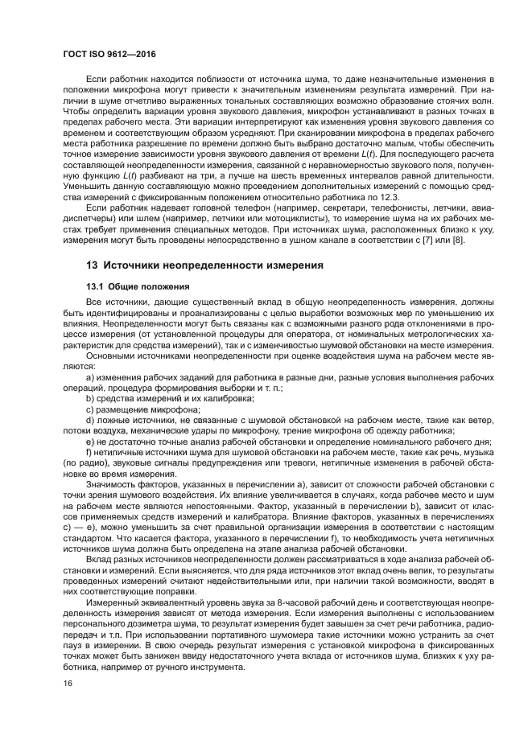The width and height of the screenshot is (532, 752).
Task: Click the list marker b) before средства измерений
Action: click(90, 398)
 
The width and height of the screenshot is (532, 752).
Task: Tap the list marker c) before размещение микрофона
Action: click(90, 409)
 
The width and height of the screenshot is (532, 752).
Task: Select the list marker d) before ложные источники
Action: click(90, 420)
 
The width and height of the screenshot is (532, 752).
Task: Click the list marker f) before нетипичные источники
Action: click(89, 452)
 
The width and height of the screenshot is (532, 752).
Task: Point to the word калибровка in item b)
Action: click(230, 398)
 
